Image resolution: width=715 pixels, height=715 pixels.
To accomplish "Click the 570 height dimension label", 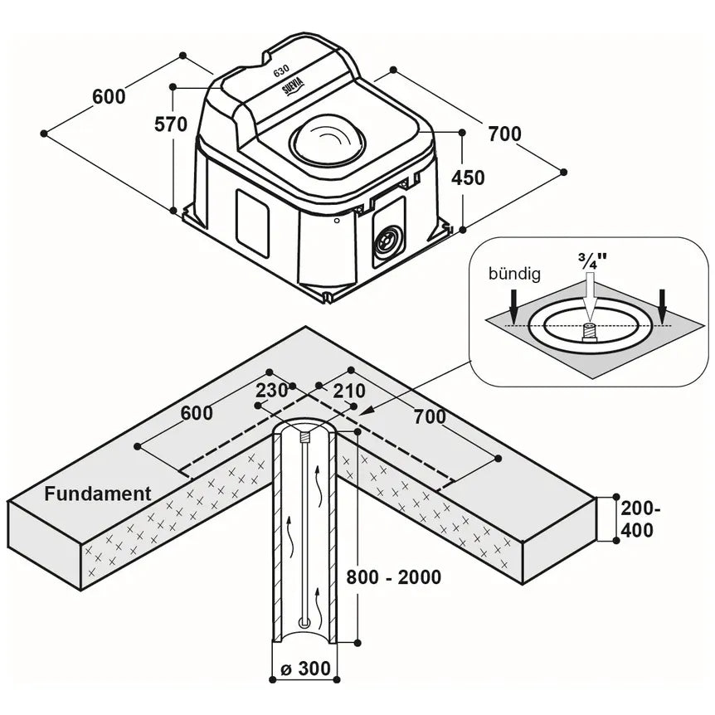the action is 171,124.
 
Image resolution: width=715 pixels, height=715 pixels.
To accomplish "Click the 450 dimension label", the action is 468,178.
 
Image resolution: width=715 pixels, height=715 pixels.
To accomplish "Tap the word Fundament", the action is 98,494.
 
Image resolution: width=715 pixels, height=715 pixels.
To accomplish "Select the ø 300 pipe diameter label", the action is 305,669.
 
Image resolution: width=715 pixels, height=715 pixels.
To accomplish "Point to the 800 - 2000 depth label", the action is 393,577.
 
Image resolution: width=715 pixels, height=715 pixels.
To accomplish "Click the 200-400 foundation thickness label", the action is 640,519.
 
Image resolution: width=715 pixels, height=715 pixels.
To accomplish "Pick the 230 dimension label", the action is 271,391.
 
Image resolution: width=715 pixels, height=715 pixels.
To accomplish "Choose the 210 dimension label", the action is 349,391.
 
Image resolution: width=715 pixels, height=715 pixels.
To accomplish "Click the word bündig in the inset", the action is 514,274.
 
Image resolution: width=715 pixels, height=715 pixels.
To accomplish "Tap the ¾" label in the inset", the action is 593,262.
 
